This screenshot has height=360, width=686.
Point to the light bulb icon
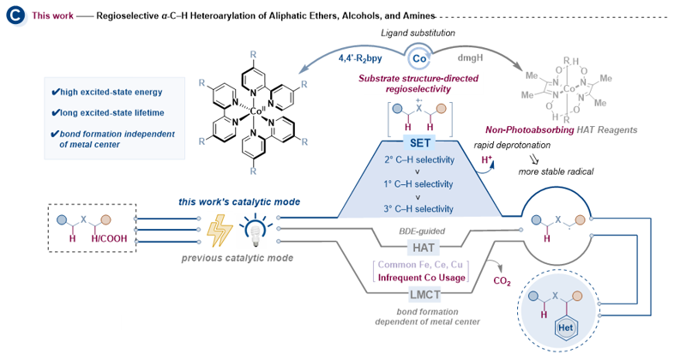(x=256, y=231)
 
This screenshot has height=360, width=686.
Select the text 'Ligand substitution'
(x=418, y=33)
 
